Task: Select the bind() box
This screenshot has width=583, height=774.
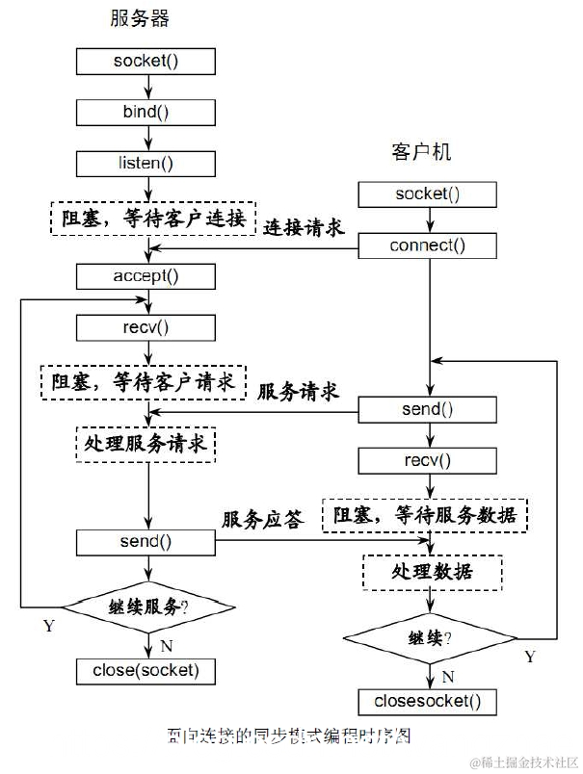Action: click(146, 111)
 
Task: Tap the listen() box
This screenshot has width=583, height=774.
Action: click(146, 163)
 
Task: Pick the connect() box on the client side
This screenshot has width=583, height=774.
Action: click(428, 245)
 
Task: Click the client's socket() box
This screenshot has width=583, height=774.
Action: click(428, 193)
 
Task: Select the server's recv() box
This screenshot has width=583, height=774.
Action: click(146, 326)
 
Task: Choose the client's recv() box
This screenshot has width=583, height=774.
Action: click(428, 460)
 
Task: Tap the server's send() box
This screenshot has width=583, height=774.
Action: click(146, 541)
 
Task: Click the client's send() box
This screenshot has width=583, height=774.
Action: click(428, 409)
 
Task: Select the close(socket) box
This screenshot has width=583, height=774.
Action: click(146, 669)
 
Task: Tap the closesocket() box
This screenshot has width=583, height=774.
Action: click(428, 700)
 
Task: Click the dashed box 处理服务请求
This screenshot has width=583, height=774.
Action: click(145, 446)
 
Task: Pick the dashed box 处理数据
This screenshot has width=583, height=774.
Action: click(432, 571)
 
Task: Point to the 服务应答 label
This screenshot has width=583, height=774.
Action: click(262, 519)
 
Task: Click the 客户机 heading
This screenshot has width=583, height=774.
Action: click(421, 152)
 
